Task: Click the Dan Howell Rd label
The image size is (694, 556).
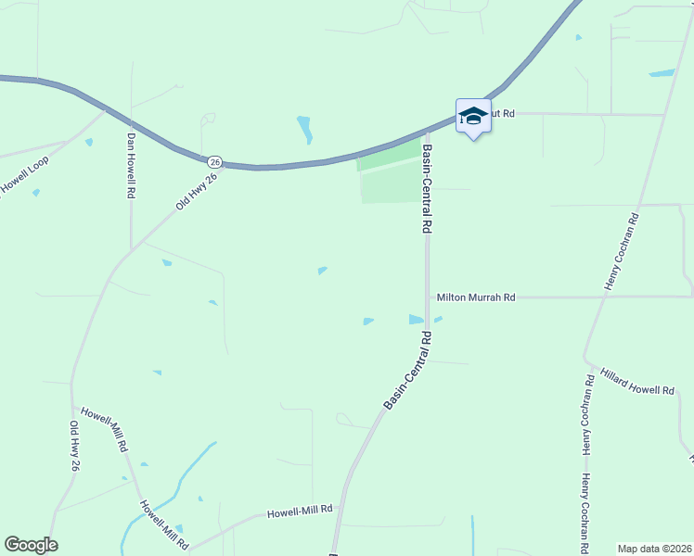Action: (x=132, y=166)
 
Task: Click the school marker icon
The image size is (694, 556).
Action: (x=473, y=116)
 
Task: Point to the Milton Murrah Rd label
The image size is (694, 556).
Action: (x=476, y=297)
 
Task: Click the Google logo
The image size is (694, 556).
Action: (x=31, y=545)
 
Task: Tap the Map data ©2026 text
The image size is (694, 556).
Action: (x=654, y=549)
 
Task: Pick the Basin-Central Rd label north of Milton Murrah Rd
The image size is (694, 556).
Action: (x=427, y=188)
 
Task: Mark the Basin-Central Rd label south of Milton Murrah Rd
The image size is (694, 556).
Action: (x=409, y=372)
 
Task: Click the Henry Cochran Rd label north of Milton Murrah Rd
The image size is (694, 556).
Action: (x=623, y=252)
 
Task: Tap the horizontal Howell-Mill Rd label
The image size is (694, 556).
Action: (x=300, y=512)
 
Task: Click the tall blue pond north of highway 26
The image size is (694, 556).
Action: (x=304, y=129)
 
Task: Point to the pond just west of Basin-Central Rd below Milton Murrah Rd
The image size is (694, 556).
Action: (x=416, y=320)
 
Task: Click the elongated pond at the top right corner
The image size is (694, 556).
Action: (x=662, y=72)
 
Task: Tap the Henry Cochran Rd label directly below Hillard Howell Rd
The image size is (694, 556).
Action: (x=588, y=414)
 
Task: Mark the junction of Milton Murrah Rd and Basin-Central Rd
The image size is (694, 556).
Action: (x=427, y=297)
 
